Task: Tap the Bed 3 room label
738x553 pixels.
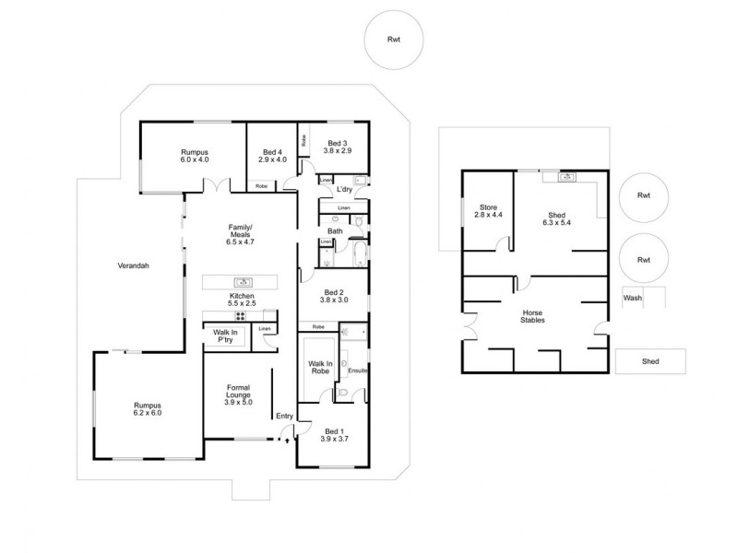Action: [x=338, y=143]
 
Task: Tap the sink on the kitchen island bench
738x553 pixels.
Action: [x=243, y=283]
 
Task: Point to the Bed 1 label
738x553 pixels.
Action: [x=332, y=430]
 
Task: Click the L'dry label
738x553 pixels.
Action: [x=345, y=190]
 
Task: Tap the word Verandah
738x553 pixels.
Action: [x=134, y=265]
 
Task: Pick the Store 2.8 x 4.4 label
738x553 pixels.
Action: [x=487, y=211]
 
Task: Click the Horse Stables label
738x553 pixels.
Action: [x=531, y=315]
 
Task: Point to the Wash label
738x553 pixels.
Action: [x=632, y=298]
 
